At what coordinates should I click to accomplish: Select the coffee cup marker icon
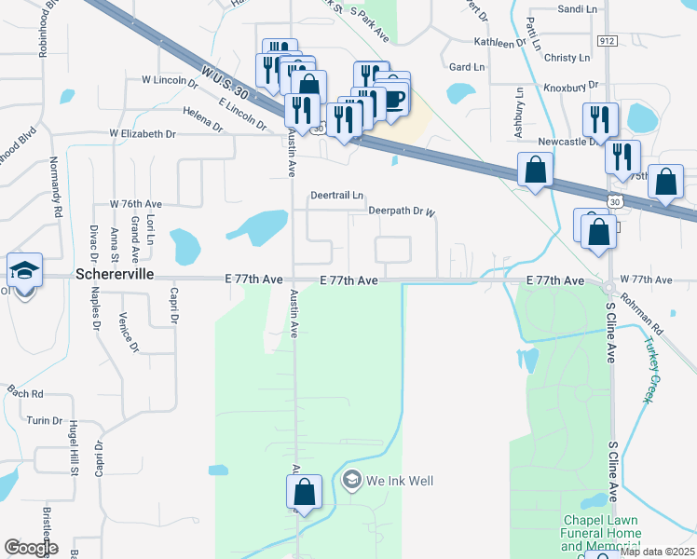pyautogui.click(x=393, y=98)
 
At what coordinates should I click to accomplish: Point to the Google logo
pyautogui.click(x=31, y=548)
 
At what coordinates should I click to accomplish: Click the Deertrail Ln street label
pyautogui.click(x=336, y=196)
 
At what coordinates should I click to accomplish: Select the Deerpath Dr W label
pyautogui.click(x=402, y=211)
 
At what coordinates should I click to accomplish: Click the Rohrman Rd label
pyautogui.click(x=643, y=318)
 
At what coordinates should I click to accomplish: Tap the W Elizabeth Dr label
pyautogui.click(x=142, y=134)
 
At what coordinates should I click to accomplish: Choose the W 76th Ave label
pyautogui.click(x=136, y=203)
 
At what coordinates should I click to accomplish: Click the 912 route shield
pyautogui.click(x=608, y=41)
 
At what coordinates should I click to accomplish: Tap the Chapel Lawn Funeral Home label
pyautogui.click(x=602, y=533)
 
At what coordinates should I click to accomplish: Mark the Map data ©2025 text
pyautogui.click(x=657, y=552)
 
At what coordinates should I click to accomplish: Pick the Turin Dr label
pyautogui.click(x=44, y=421)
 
